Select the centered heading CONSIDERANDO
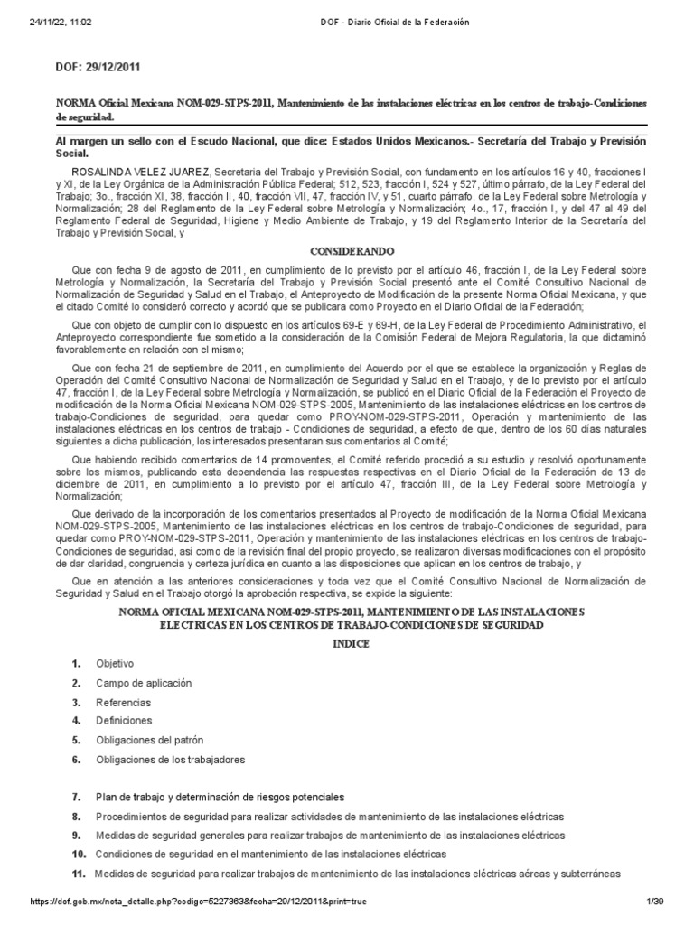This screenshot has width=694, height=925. coord(346,250)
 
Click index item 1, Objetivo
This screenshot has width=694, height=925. coord(115,663)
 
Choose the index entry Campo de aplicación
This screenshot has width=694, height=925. coord(144,684)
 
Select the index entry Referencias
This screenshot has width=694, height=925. coord(124,703)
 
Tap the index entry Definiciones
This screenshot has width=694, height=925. coord(125,721)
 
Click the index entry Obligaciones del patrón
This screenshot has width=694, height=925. coord(150,740)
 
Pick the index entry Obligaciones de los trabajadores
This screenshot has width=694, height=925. coord(170,760)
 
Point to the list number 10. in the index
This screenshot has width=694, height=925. coord(78,854)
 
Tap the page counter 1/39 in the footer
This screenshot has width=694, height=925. coord(655,902)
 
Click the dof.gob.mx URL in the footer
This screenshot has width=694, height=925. coord(199,902)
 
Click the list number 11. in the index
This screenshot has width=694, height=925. coord(77,874)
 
